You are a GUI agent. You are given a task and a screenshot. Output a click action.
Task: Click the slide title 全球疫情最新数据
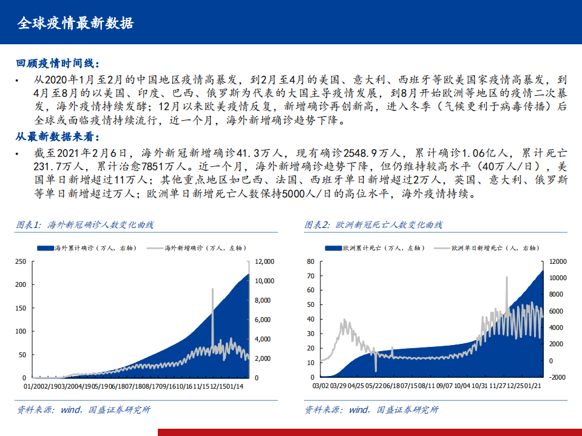(75, 23)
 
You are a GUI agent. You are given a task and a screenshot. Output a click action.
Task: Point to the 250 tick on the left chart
(20, 261)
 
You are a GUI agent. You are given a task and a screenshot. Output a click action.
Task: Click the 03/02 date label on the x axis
(321, 386)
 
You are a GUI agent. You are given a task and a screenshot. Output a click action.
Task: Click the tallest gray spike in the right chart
(507, 278)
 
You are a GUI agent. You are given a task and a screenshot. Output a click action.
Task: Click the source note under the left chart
(83, 409)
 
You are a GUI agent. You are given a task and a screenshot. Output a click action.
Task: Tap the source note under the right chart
(371, 409)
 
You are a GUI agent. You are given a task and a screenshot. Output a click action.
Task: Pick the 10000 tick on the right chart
(557, 278)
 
